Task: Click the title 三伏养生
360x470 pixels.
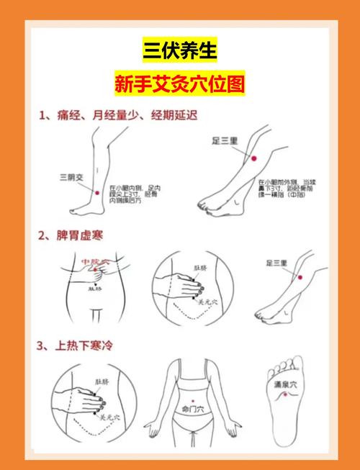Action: click(x=179, y=50)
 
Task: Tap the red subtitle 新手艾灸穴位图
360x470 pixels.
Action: click(x=179, y=84)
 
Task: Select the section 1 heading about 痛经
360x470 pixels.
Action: click(x=118, y=115)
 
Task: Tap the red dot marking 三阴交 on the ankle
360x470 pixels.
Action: click(x=96, y=191)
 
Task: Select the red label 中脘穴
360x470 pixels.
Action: click(x=94, y=262)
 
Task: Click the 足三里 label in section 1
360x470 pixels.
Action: click(x=225, y=141)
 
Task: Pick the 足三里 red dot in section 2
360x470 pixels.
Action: click(x=301, y=278)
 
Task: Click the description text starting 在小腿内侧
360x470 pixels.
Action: click(x=135, y=194)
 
